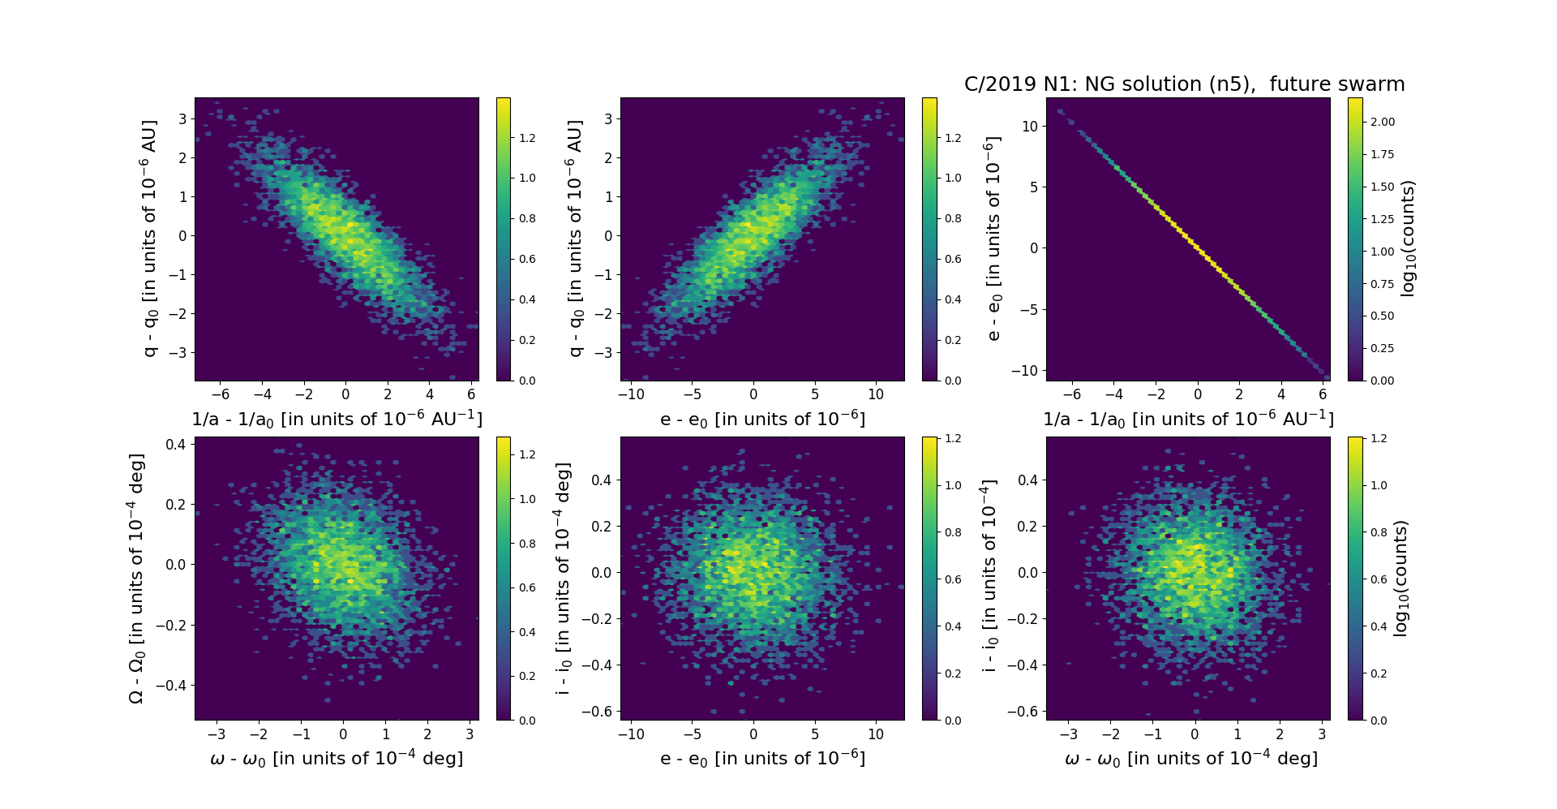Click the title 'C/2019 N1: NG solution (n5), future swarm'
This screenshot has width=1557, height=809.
tap(1184, 84)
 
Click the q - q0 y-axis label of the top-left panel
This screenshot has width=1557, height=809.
tap(149, 239)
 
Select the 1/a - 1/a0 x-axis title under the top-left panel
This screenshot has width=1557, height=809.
tap(337, 419)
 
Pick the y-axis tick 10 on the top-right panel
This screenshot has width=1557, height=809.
tap(1030, 126)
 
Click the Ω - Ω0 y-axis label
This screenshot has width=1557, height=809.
tap(136, 578)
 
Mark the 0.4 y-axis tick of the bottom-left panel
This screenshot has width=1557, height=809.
tap(177, 444)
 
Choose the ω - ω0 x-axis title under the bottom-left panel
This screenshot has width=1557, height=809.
tap(337, 758)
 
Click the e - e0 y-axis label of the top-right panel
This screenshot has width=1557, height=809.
tap(993, 239)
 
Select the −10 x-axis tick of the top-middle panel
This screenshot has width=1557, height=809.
tap(631, 394)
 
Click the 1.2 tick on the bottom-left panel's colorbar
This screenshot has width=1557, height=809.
tap(527, 454)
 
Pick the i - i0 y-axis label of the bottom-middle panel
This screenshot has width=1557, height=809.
tap(564, 578)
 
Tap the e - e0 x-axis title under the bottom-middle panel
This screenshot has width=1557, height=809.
tap(762, 758)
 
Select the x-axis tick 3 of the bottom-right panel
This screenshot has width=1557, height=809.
tap(1322, 734)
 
